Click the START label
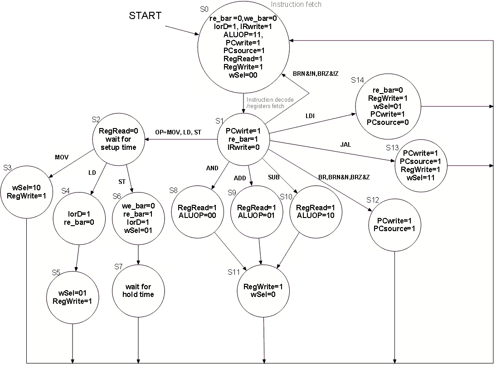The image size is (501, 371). pos(145,15)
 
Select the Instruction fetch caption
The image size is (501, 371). pos(296,5)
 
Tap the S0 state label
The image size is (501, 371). pos(205,9)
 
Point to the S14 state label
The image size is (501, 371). pos(358,80)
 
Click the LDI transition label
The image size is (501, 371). pos(310,116)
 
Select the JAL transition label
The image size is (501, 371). pos(345,144)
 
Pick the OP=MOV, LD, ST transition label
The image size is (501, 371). pos(178,132)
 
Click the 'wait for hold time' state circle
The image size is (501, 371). pos(138,291)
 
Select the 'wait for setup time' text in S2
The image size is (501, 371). pos(118,143)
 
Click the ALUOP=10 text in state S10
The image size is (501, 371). pos(315,215)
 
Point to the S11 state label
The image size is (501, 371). pos(234,272)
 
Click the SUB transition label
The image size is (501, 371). pos(274,177)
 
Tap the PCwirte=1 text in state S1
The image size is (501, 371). pos(243,131)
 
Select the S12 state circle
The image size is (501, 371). pos(394,224)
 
